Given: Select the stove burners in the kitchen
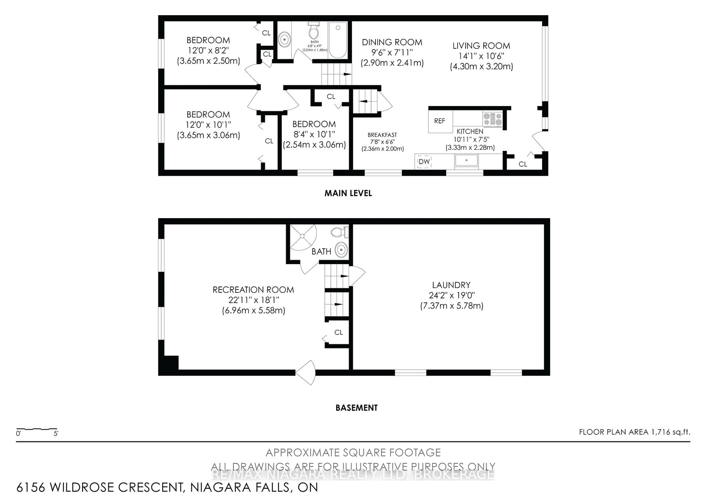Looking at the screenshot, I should pos(492,119).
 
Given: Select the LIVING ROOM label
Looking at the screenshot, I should pos(481,46).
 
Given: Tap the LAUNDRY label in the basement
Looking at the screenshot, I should pos(451,285).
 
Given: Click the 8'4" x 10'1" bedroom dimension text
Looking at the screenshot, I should pos(314,134).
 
